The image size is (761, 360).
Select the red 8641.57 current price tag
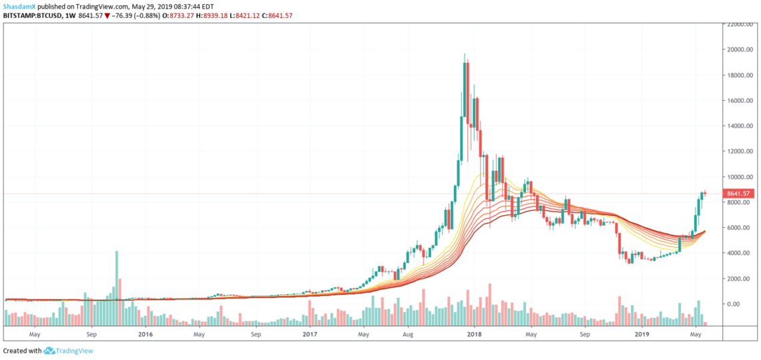pos(738,194)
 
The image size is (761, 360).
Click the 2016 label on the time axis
pos(145,333)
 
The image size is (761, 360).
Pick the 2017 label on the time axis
pos(309,333)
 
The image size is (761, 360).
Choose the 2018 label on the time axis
pos(474,333)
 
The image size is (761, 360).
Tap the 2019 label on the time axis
pos(642,333)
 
